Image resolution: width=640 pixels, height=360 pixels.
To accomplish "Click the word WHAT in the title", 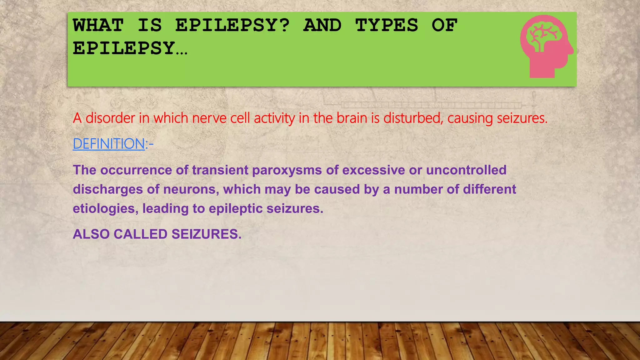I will pos(98,25).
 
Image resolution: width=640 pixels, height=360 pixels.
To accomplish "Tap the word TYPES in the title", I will pos(387,25).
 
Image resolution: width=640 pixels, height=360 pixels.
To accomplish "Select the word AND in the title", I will pos(322,25).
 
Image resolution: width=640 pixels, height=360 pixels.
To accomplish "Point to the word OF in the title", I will pos(444,25).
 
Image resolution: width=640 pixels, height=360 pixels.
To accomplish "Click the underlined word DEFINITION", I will pos(109,144).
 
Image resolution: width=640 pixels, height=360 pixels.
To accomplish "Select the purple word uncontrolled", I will pos(466,170).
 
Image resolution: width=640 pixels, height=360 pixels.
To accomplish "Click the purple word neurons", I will pos(191,189).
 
